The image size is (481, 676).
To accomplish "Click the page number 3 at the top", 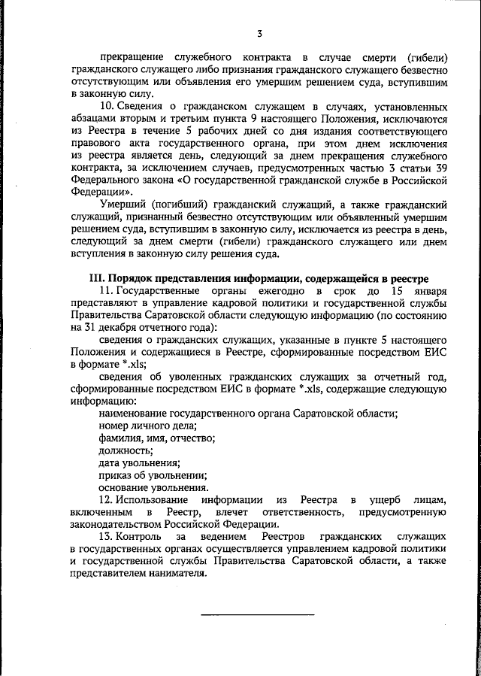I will click(259, 34).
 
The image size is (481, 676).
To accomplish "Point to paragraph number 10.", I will click(105, 107).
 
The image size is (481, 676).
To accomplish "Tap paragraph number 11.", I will click(105, 291).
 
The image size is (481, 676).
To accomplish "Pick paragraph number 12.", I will click(105, 500).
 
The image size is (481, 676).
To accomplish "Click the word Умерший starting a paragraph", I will click(123, 205).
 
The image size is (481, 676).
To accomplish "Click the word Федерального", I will click(107, 180).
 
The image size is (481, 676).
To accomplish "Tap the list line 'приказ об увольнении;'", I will click(153, 475).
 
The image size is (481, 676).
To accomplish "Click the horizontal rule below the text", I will click(257, 614).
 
